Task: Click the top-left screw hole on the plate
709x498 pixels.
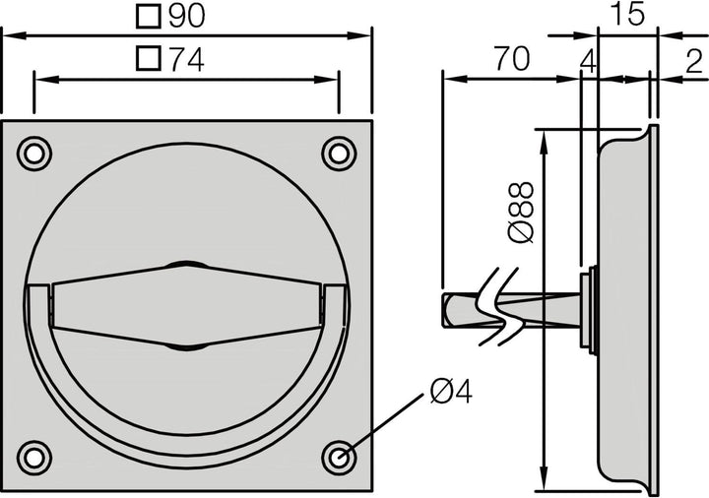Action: (34, 154)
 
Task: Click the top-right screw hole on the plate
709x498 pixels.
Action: (339, 154)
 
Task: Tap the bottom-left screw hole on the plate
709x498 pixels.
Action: (34, 457)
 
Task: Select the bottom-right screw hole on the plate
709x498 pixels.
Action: (339, 457)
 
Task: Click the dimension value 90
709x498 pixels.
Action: (189, 16)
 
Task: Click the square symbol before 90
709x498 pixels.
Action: (149, 16)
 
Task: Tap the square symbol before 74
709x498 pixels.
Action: (149, 59)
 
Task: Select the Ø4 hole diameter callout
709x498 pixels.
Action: (451, 392)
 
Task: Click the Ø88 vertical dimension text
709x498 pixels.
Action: (521, 212)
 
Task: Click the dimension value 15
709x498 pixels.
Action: (626, 15)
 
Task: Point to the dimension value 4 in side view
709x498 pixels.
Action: (588, 60)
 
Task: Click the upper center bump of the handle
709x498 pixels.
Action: (186, 265)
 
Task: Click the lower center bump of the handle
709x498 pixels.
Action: (186, 346)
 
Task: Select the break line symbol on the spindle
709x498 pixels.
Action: (497, 306)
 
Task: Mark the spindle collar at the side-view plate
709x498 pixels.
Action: (588, 308)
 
